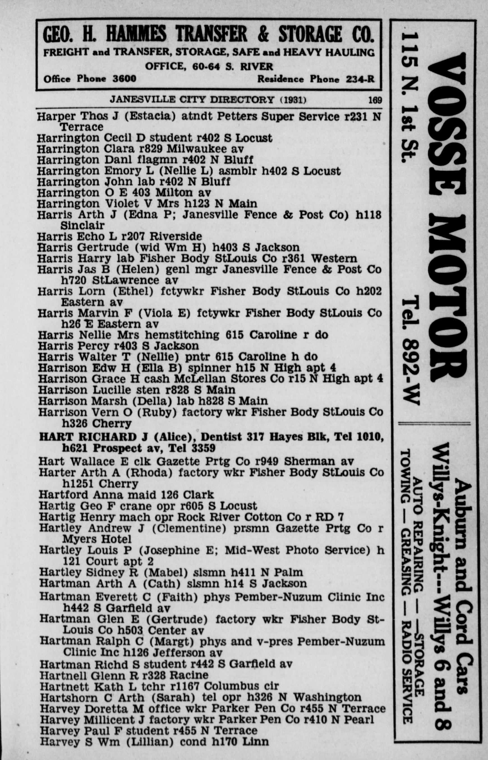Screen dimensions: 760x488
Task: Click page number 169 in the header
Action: point(375,100)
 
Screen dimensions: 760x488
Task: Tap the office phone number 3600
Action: point(125,79)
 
